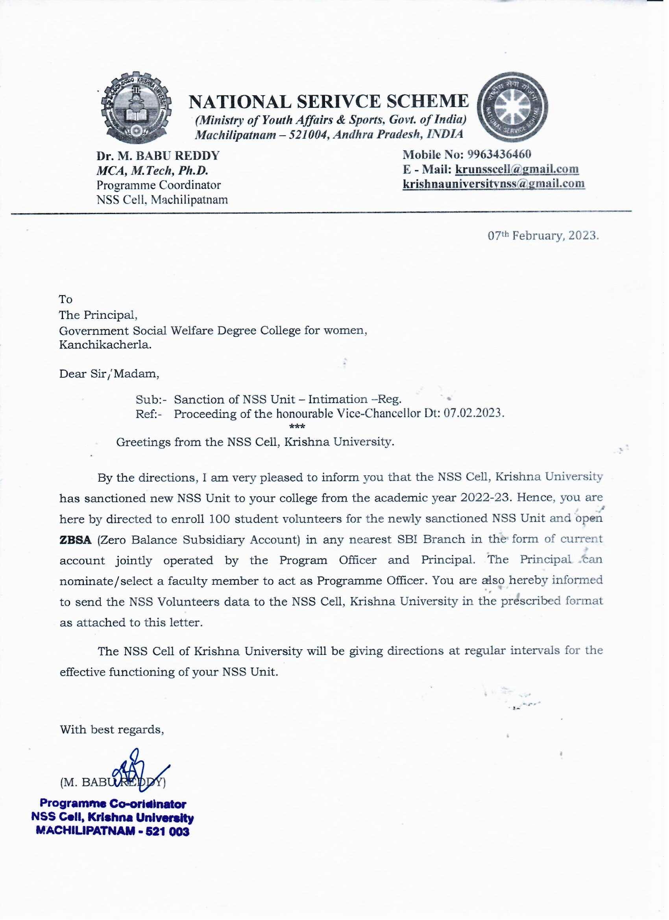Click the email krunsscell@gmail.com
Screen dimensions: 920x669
pyautogui.click(x=517, y=169)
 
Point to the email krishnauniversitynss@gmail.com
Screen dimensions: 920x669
pyautogui.click(x=493, y=183)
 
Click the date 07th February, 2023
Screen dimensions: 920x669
pyautogui.click(x=543, y=236)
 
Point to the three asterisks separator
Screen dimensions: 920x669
pyautogui.click(x=298, y=427)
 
